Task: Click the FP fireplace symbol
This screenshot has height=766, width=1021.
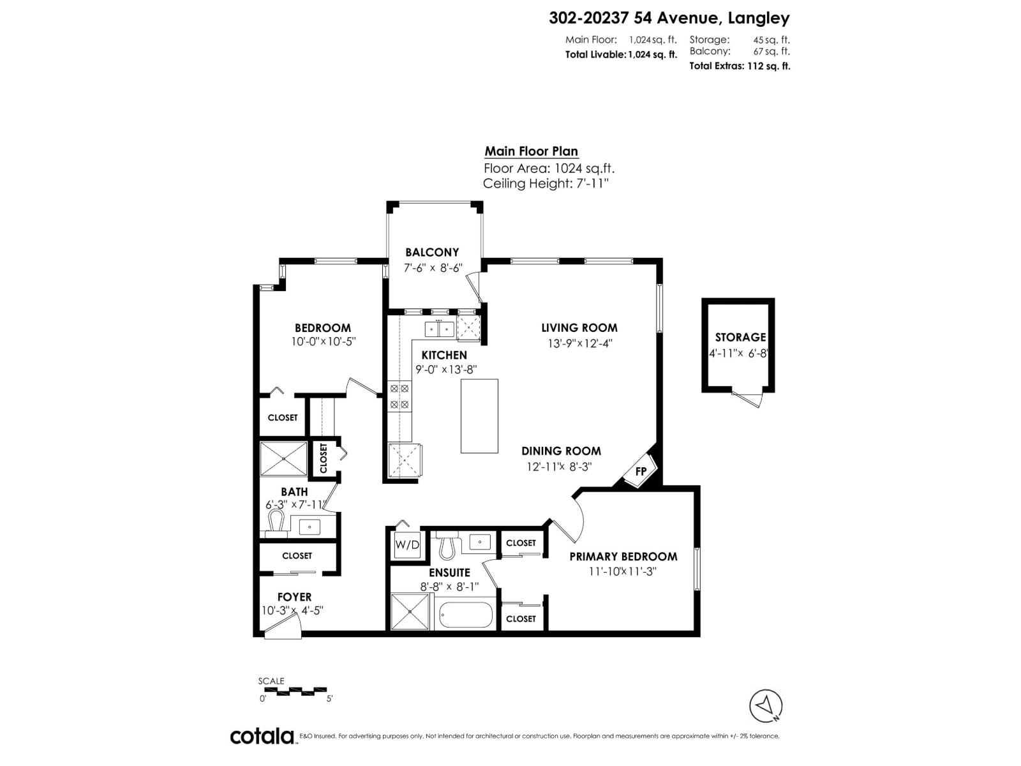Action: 640,471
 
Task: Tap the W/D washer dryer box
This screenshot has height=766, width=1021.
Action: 407,544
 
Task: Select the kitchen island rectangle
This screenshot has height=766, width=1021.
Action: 479,416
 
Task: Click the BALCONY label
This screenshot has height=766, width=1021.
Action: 432,253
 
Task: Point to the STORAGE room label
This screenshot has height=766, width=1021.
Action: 740,337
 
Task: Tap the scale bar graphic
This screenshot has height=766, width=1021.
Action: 294,691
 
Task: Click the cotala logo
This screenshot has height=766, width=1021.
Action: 262,736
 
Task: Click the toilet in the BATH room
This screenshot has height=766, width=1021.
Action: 276,522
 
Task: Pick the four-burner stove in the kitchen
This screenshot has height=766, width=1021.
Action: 399,396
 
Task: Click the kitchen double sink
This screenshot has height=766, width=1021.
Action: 439,329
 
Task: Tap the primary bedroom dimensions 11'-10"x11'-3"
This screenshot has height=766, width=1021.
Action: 622,572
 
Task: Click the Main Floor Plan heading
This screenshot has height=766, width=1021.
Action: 531,151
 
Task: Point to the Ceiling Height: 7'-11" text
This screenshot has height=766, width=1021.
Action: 546,184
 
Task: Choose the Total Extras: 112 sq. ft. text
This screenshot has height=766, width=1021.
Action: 740,66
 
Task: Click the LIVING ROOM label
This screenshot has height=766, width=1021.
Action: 579,327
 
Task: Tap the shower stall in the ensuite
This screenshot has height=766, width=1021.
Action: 411,612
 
